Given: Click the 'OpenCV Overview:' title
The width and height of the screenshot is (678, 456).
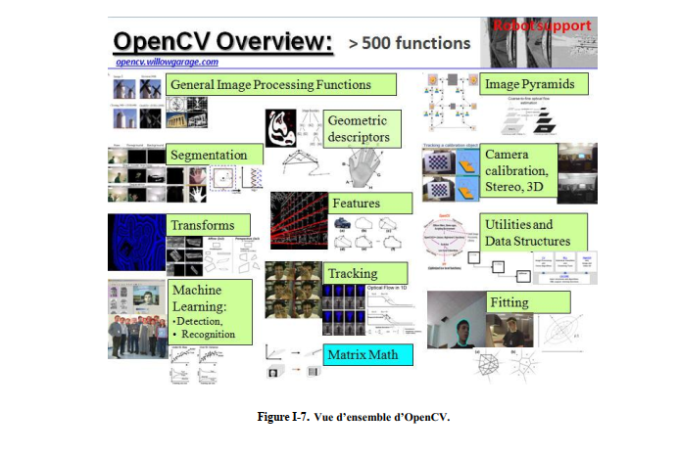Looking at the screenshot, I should [220, 42].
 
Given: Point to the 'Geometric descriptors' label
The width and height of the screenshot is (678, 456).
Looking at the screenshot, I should [358, 129].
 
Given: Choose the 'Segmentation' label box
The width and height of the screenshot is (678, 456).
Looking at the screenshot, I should [209, 155].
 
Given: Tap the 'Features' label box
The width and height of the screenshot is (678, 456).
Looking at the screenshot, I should [356, 203].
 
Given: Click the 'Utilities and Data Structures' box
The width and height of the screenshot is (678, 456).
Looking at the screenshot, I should [524, 233].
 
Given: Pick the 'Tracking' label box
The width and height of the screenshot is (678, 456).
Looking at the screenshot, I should [352, 272].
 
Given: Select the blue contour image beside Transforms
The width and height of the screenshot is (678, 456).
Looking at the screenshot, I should [133, 241].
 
